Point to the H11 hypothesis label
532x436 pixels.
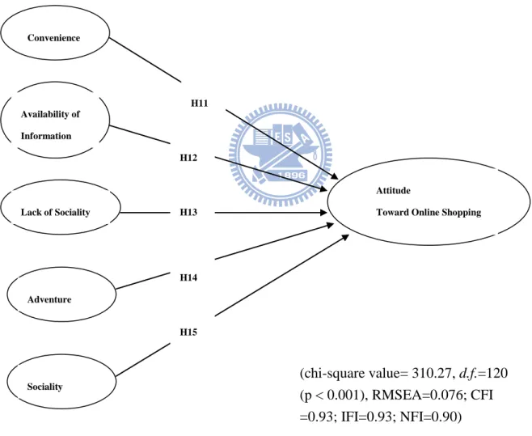pos(200,104)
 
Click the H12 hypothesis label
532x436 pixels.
pos(188,158)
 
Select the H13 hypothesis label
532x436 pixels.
pos(188,212)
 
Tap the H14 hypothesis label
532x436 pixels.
pos(188,277)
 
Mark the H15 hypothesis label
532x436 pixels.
pos(188,332)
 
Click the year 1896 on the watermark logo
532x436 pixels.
pos(293,176)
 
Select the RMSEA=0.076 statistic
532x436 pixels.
pos(417,396)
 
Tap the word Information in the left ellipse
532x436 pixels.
pos(46,136)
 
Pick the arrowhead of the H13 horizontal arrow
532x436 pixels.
pos(323,213)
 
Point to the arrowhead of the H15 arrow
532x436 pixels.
pos(345,237)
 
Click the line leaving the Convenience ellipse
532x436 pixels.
pos(146,60)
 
